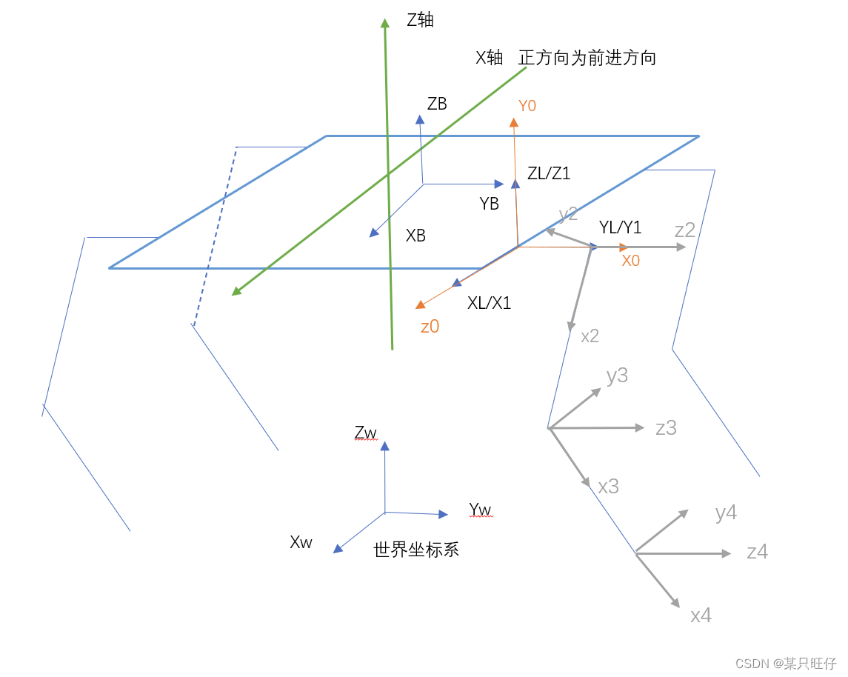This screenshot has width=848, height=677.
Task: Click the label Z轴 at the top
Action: [x=420, y=20]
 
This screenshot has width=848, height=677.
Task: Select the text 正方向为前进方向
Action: [x=587, y=58]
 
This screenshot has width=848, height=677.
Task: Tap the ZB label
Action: [x=437, y=104]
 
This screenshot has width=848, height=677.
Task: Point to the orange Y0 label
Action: [x=527, y=106]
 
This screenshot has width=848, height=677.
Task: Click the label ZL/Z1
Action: [x=549, y=173]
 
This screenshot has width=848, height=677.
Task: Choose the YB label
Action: [x=489, y=204]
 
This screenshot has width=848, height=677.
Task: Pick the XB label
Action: [x=415, y=236]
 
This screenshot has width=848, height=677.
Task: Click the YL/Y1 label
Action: [x=620, y=227]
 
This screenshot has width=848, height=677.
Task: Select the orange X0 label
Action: [x=630, y=261]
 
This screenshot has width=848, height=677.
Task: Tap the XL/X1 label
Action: [x=489, y=303]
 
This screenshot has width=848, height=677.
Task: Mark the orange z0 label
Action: [x=430, y=327]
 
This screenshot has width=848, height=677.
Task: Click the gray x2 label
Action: [x=590, y=336]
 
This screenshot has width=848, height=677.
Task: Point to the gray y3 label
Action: [x=617, y=376]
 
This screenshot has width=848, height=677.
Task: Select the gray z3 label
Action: [x=666, y=427]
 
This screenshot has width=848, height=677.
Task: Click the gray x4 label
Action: [x=701, y=616]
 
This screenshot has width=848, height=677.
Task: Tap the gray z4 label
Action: [x=757, y=552]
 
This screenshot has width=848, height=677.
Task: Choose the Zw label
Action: [x=366, y=433]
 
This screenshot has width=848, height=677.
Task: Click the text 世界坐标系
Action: [x=416, y=550]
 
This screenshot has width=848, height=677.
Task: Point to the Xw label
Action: [x=301, y=542]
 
